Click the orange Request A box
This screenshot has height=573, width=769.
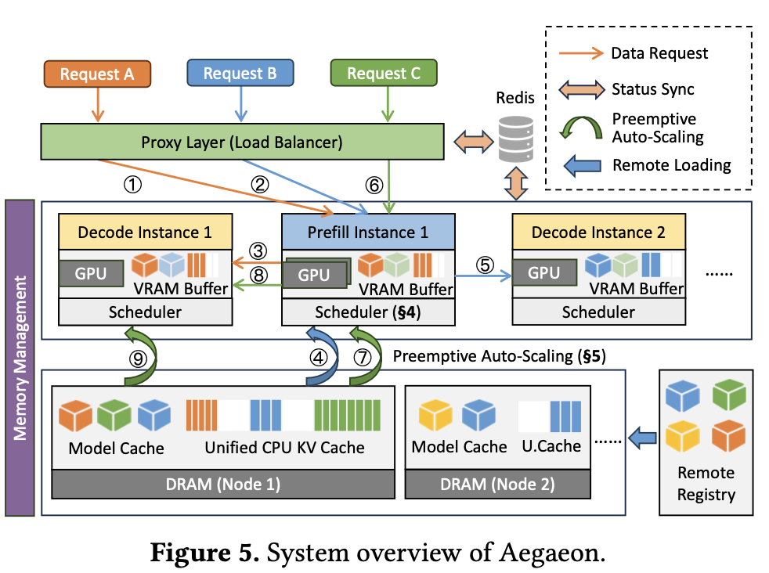pos(97,74)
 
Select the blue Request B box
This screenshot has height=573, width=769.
pos(240,74)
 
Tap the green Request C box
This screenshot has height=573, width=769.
pos(384,74)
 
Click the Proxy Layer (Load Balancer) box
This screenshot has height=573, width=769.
pos(242,142)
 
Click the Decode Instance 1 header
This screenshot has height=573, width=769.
pos(146,232)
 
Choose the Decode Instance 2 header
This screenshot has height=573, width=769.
pos(598,232)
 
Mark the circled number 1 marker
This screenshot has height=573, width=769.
pos(135,185)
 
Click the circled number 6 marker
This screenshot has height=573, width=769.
pos(374,185)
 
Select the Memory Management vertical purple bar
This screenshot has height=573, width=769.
pos(20,358)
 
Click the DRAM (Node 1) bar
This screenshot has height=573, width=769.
pos(223,484)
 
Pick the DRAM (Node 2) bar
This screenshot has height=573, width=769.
pos(497,484)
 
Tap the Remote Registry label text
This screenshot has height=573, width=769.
pos(706,484)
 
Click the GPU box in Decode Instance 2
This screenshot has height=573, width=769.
pos(543,273)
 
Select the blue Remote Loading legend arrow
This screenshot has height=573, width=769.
pos(582,165)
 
